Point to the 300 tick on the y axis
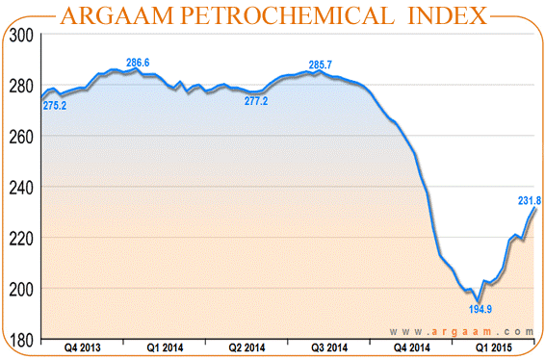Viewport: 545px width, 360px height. [22, 35]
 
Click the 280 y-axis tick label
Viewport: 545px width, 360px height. [22, 86]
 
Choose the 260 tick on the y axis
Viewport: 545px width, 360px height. [22, 137]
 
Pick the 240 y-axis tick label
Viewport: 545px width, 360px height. [22, 188]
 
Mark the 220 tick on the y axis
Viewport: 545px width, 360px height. [22, 239]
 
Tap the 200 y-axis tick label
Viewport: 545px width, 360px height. [22, 290]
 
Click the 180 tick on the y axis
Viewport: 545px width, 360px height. [22, 340]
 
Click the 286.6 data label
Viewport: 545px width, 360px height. [138, 63]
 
